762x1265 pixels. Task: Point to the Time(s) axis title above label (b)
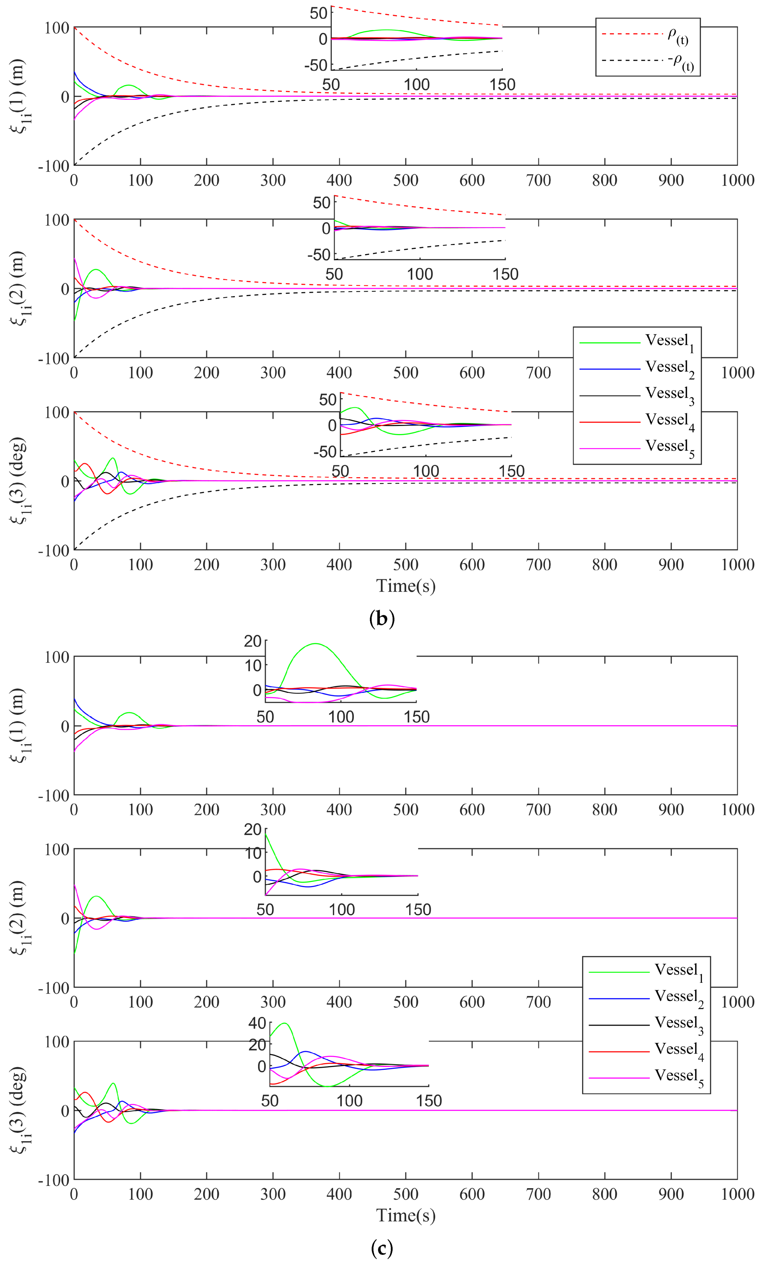[406, 586]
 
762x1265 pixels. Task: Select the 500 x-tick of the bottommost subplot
[406, 1194]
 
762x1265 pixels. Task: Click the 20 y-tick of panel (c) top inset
[253, 641]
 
